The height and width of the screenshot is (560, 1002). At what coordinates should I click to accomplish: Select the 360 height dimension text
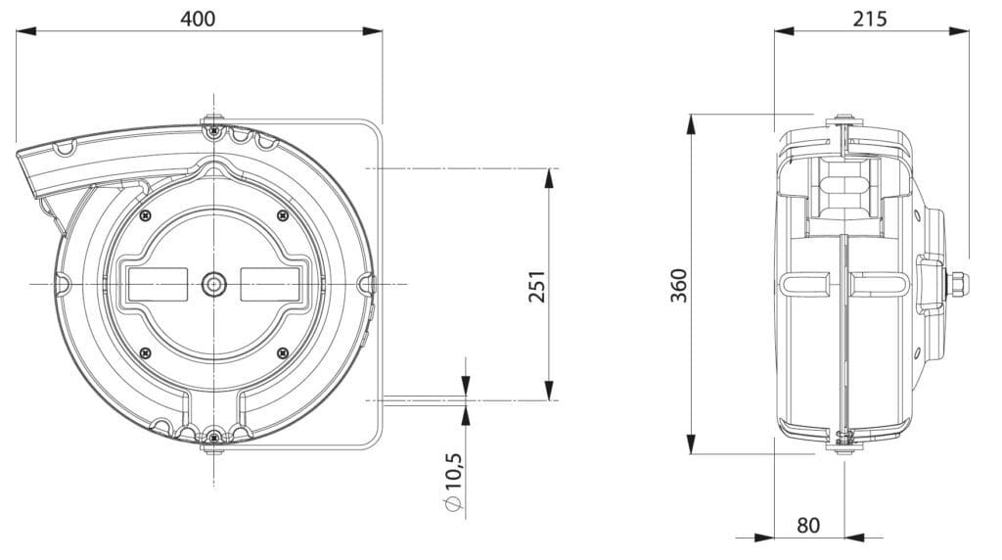(679, 284)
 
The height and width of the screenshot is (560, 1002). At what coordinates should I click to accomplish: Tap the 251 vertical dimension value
(536, 284)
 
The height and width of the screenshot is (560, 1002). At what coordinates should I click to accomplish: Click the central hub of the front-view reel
(212, 284)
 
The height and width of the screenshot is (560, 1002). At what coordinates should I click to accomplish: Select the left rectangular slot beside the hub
(156, 284)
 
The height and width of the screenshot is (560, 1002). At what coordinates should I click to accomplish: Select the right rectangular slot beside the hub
(269, 284)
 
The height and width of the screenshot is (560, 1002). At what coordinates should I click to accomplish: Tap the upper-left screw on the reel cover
(145, 215)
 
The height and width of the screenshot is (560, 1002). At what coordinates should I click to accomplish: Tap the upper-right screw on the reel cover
(282, 215)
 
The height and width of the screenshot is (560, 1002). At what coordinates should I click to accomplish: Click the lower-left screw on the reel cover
(145, 351)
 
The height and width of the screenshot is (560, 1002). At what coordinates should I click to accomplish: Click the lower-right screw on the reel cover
(282, 351)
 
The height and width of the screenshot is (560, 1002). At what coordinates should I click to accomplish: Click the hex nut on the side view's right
(958, 285)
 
